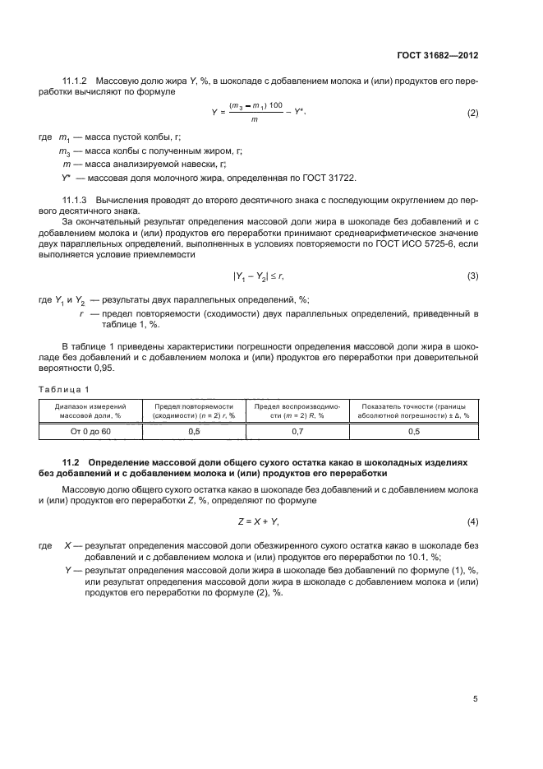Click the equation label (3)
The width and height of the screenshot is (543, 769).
tap(472, 276)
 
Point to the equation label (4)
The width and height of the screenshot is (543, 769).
tap(472, 522)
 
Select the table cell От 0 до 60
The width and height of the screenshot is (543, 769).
tap(90, 431)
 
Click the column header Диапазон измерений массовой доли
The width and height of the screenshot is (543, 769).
tap(90, 410)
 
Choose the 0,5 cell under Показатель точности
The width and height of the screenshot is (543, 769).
tap(414, 431)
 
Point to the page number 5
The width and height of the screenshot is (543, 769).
tap(475, 698)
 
